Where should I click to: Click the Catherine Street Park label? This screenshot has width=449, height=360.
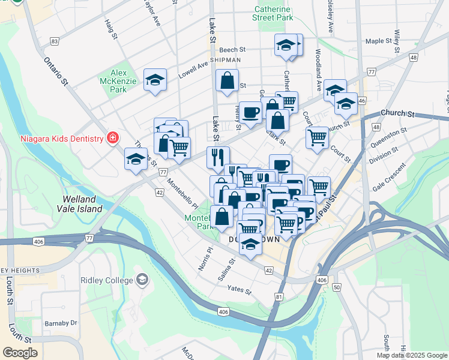click(273, 14)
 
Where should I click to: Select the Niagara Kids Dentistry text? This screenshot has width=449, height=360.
click(52, 139)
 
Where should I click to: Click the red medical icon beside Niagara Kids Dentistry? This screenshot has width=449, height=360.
click(112, 139)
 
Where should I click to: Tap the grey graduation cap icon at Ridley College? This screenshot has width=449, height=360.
click(142, 280)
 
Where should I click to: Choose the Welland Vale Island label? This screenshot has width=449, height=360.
click(82, 203)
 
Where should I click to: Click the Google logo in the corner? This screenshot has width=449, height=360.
click(20, 352)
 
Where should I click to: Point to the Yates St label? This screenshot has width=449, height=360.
click(239, 290)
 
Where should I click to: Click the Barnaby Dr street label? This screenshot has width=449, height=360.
click(61, 323)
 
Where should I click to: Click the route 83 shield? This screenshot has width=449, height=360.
click(55, 41)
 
